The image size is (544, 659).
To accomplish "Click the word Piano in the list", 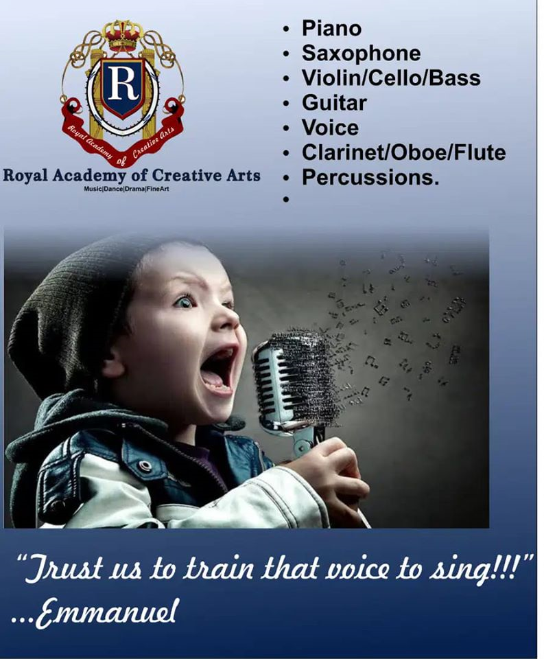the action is [331, 29].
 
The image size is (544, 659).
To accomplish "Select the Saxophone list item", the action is [361, 54].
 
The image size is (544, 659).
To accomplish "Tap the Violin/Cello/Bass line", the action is [390, 78].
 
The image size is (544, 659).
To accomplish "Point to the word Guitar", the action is [334, 103].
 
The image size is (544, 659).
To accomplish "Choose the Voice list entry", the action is [330, 128].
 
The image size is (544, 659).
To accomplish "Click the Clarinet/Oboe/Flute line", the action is [403, 152].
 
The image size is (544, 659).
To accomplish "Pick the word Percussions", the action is [370, 177].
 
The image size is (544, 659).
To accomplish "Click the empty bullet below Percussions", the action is [287, 200].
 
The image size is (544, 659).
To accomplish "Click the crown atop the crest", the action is [122, 35].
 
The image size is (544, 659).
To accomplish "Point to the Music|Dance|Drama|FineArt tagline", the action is [126, 189].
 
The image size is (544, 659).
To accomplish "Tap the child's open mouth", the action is [218, 369].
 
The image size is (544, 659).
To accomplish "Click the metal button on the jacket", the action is [145, 465].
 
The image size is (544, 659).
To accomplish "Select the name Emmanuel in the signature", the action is [106, 614].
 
